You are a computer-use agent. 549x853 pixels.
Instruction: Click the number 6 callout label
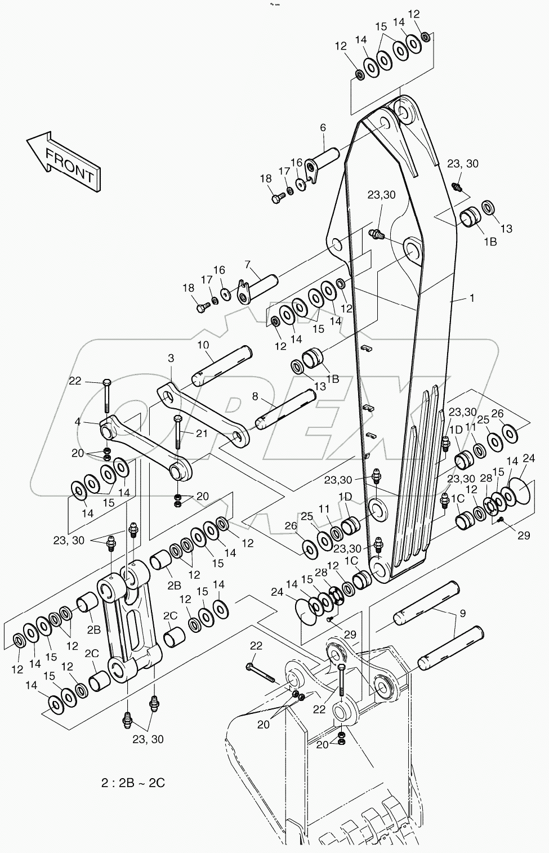323,128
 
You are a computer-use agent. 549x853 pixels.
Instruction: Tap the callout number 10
203,344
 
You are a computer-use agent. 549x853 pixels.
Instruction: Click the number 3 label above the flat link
171,358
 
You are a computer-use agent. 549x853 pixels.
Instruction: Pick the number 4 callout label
78,421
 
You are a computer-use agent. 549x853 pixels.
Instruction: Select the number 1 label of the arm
472,298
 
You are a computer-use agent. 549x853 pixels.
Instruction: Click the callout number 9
463,614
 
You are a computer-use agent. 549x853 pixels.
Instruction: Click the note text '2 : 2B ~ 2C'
133,783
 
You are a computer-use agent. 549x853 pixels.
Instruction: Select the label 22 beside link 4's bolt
75,381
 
